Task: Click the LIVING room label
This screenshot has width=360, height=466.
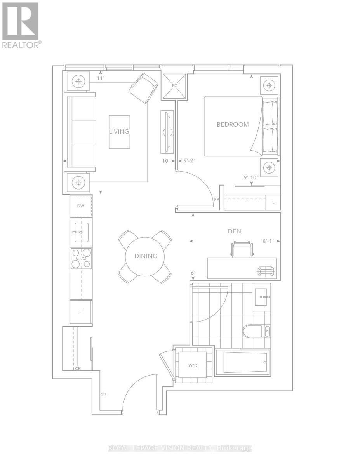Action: pos(119,132)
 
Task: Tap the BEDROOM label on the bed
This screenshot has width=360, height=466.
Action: pos(233,125)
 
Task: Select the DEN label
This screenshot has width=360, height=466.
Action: pos(234,231)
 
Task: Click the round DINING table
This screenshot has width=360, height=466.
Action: pos(146,256)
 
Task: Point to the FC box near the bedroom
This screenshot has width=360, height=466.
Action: pos(169,85)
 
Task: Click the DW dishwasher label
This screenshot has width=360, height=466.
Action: pos(81,206)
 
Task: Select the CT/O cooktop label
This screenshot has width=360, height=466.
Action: pos(81,259)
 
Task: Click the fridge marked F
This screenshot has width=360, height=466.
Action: pos(80,311)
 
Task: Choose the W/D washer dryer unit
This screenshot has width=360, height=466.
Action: pos(193,365)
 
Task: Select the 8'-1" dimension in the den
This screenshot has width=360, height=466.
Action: pos(268,241)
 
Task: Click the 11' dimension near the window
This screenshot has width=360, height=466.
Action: pos(101,78)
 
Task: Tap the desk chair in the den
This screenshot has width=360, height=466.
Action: pos(243,249)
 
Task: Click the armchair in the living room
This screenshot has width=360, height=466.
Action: pos(143,88)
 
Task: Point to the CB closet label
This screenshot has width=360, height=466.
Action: pos(78,369)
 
